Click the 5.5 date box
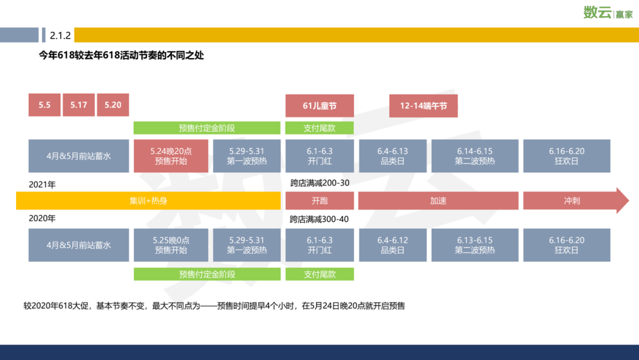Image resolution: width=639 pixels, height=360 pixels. [x=44, y=105]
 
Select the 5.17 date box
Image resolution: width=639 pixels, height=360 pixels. [x=79, y=105]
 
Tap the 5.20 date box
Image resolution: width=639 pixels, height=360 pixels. [x=113, y=105]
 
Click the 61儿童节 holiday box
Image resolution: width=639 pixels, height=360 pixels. [x=319, y=105]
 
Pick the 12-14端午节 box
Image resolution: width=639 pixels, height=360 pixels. [x=423, y=105]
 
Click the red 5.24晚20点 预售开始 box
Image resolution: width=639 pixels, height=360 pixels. [x=171, y=156]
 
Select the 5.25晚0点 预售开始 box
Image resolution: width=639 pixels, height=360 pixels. [x=171, y=245]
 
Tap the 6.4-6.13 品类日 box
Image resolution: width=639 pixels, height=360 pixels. [x=393, y=156]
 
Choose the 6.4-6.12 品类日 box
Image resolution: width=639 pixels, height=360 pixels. [x=393, y=245]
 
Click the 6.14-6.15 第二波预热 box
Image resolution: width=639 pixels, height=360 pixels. [x=475, y=156]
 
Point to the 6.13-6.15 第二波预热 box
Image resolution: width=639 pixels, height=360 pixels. [x=475, y=245]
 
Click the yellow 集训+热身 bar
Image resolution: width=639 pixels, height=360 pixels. [x=148, y=201]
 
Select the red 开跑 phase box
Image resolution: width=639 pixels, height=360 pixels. [x=319, y=201]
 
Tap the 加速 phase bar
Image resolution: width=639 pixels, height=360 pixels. [x=438, y=201]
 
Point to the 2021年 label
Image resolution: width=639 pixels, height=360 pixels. [x=43, y=185]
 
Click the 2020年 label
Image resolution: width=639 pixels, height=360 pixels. [x=43, y=218]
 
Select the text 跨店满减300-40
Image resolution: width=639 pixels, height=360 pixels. [x=319, y=219]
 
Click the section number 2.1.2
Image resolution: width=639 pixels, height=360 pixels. [x=60, y=36]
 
